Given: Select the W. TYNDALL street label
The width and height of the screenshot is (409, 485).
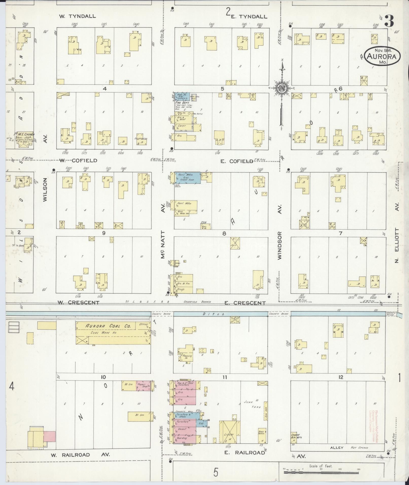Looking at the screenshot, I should click(77, 16).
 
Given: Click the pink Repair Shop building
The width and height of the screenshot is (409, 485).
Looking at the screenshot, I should click(143, 385).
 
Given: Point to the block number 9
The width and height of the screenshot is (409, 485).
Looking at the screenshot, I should click(103, 233).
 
